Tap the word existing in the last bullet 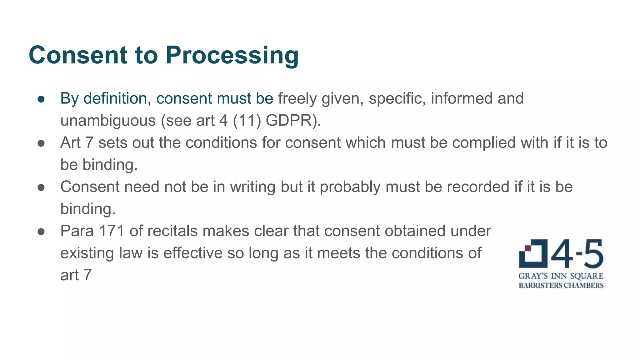click(87, 253)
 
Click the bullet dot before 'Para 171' click(41, 232)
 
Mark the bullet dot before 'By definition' click(41, 99)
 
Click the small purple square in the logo click(528, 248)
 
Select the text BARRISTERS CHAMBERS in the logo click(561, 285)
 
